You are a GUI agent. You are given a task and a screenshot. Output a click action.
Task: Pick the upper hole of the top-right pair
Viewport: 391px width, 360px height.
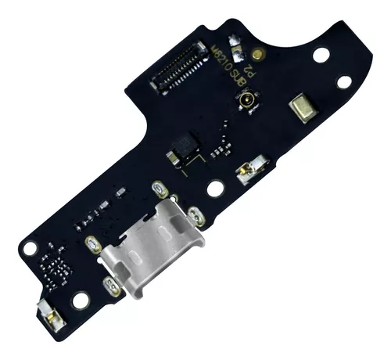click(321, 55)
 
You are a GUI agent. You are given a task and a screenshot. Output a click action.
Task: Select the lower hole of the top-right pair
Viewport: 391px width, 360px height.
click(343, 81)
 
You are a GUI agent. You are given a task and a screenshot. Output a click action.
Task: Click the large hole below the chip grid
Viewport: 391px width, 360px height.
click(81, 300)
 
